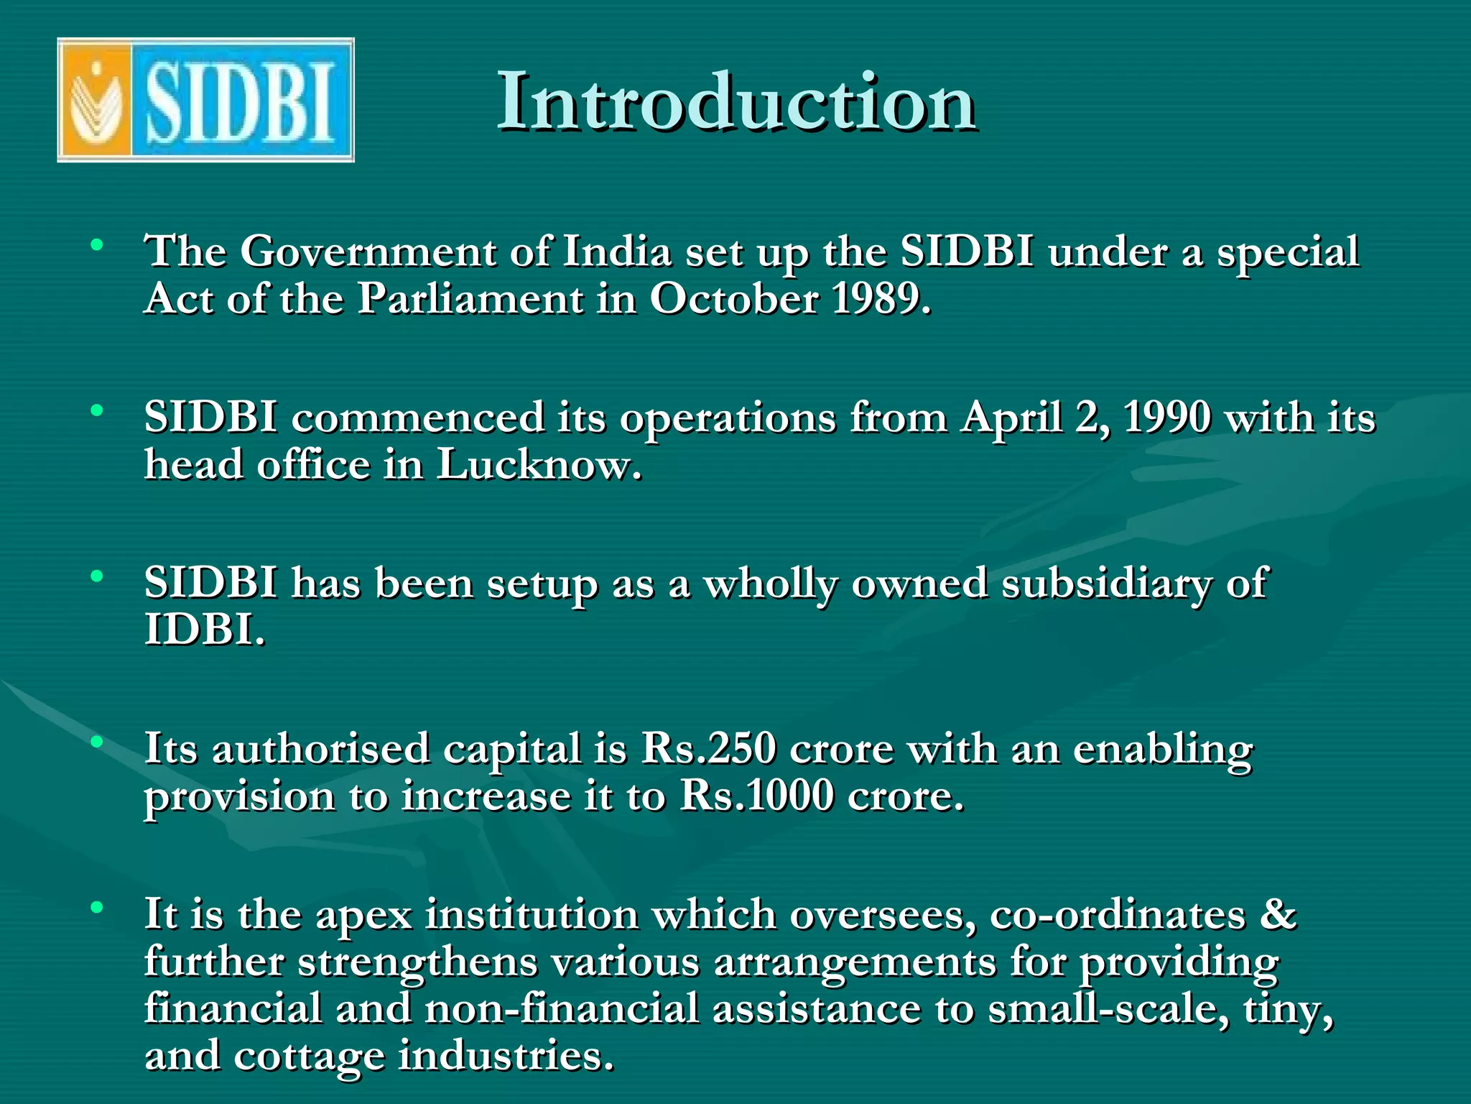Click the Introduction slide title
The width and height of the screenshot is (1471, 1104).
coord(736,102)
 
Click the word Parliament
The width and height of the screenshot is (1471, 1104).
coord(470,298)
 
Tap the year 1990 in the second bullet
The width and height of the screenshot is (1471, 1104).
coord(1166,417)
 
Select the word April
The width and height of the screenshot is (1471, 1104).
coord(1012,418)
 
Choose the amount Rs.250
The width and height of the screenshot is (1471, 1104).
coord(708,749)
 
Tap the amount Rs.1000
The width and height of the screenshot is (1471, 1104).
coord(757,796)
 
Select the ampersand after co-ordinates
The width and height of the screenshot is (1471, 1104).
coord(1279,914)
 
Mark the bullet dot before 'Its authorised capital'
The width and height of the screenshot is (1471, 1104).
coord(97,741)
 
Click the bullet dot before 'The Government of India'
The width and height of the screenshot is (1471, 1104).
coord(97,244)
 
